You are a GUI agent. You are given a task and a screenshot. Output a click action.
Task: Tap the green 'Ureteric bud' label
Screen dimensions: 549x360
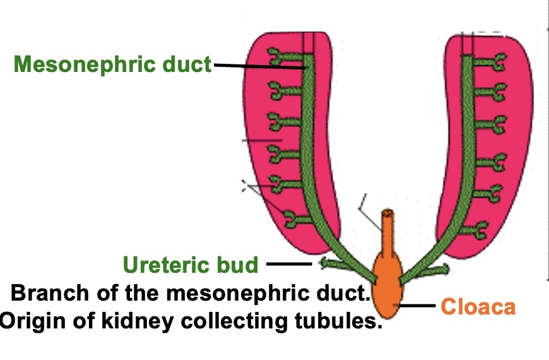[191, 265]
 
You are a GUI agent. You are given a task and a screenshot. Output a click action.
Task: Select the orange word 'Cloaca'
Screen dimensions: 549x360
[478, 308]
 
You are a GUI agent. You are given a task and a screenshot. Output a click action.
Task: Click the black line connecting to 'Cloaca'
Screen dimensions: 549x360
[417, 307]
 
